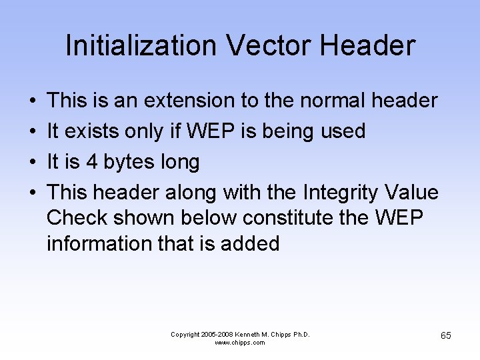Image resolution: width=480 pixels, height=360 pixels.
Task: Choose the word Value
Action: (412, 193)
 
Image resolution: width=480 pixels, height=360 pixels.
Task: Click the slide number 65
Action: (445, 335)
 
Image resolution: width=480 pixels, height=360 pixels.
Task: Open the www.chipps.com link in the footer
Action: (240, 343)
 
